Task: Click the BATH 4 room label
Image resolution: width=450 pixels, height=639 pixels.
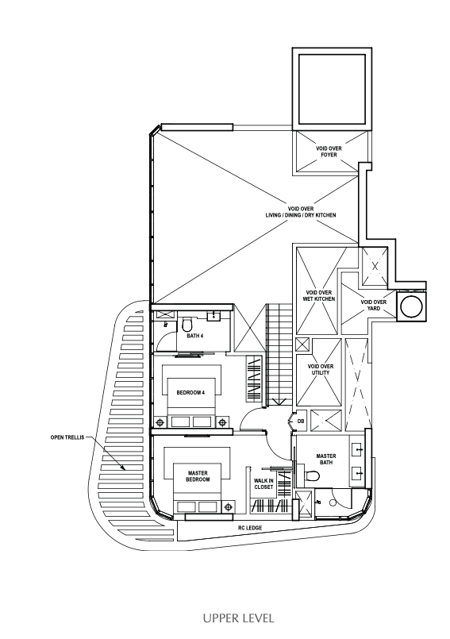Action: coord(194,337)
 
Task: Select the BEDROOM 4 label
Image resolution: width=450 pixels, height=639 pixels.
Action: coord(190,393)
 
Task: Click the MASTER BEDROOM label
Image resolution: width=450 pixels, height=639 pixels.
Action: coord(198,476)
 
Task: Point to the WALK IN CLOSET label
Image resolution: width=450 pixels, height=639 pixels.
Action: coord(263,484)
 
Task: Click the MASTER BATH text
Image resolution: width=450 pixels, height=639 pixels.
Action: coord(326,460)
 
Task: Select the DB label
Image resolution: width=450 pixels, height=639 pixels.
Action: coord(301,422)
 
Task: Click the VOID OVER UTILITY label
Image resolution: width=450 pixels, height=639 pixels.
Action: coord(321,370)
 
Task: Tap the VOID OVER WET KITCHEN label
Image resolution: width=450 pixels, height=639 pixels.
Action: coord(319,296)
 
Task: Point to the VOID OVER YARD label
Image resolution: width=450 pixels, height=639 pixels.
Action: coord(373,306)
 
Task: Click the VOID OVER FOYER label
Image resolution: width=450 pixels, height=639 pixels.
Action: coord(329,152)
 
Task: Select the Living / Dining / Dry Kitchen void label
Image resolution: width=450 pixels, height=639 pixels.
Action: coord(301,212)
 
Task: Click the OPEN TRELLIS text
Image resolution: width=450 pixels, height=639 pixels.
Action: coord(67,437)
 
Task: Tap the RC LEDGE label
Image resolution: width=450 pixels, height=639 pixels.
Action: coord(250,528)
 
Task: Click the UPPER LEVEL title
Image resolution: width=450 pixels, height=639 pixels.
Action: coord(238,618)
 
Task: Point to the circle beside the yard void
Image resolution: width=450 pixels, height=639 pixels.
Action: coord(411,306)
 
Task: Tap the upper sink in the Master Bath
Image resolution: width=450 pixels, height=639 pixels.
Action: coord(358,450)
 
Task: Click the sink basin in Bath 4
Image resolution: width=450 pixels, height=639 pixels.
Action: coord(213,315)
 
